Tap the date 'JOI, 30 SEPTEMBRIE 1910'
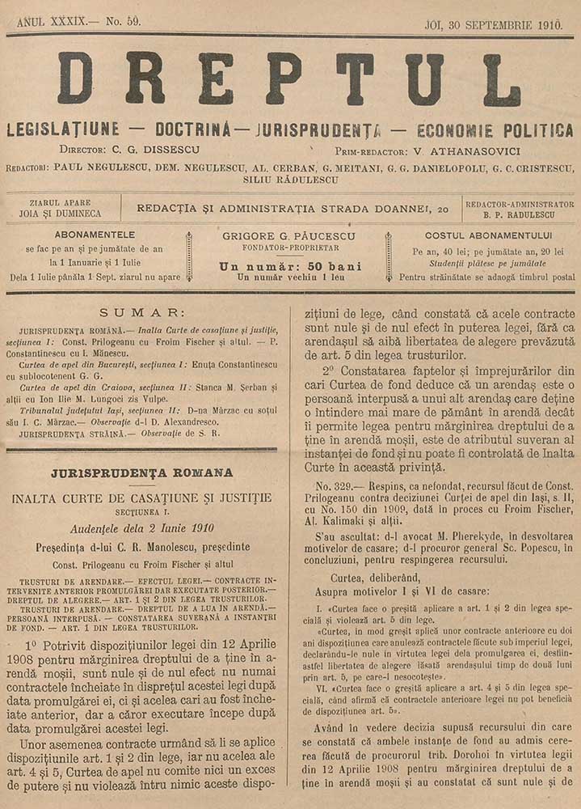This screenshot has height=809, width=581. [493, 24]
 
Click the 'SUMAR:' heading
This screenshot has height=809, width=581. [142, 312]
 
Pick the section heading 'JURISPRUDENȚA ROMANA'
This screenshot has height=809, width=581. [141, 472]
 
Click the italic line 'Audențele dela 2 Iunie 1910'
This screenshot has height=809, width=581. [141, 529]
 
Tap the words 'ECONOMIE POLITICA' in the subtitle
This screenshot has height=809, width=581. [495, 130]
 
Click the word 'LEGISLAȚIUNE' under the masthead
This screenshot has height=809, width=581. [62, 129]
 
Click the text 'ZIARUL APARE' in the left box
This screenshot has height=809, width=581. [61, 202]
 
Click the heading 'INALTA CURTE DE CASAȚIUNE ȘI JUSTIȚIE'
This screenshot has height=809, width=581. [141, 498]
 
